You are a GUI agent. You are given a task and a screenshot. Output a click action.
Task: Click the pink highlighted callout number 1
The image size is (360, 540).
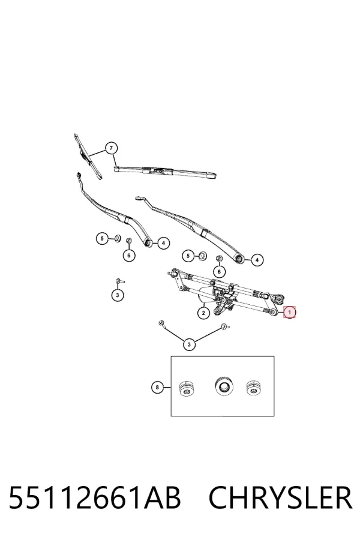[x=289, y=313]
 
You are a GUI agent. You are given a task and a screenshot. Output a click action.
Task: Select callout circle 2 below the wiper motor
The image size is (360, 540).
[x=203, y=313]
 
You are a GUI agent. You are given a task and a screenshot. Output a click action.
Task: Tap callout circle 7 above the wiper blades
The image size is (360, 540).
[x=111, y=148]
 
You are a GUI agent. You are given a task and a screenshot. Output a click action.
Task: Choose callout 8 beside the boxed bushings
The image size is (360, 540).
[x=157, y=388]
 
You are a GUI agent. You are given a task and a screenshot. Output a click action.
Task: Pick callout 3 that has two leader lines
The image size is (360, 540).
[x=189, y=344]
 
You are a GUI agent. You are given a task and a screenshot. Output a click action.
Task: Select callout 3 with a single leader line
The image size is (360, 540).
[x=118, y=295]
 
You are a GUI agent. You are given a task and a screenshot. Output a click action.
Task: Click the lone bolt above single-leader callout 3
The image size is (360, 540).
[x=119, y=281]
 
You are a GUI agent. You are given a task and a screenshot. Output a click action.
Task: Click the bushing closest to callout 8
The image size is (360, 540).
[x=187, y=389]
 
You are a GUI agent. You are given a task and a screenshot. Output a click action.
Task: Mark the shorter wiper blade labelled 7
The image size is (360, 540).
[x=88, y=157]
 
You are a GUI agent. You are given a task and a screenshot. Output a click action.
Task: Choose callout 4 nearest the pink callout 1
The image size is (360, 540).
[x=257, y=260]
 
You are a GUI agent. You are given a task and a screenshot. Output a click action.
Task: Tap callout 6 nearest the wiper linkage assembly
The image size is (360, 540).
[x=219, y=272]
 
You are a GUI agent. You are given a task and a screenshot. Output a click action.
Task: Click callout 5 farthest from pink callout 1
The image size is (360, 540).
[x=102, y=238]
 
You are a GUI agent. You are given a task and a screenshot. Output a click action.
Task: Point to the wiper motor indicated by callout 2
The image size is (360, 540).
[x=208, y=293]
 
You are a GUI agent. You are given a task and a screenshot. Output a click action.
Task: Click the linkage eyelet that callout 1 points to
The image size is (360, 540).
[x=273, y=312]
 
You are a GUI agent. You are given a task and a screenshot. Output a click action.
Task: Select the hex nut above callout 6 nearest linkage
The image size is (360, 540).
[x=218, y=259]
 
